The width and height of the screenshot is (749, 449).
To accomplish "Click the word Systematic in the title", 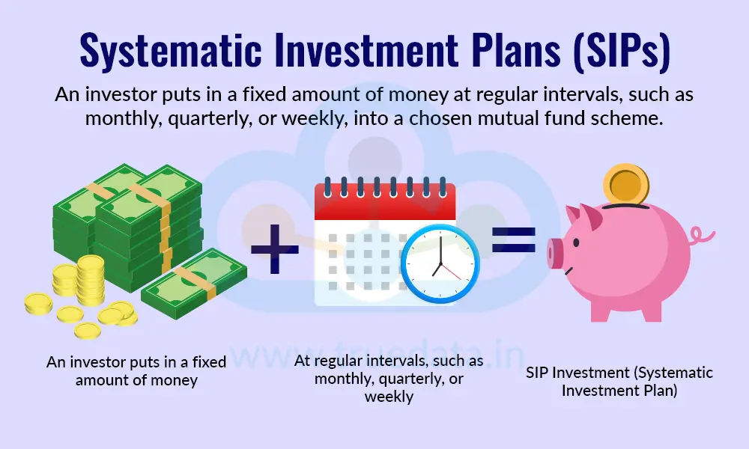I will coord(164,52).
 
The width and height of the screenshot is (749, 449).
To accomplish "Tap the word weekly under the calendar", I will coord(389,397).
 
